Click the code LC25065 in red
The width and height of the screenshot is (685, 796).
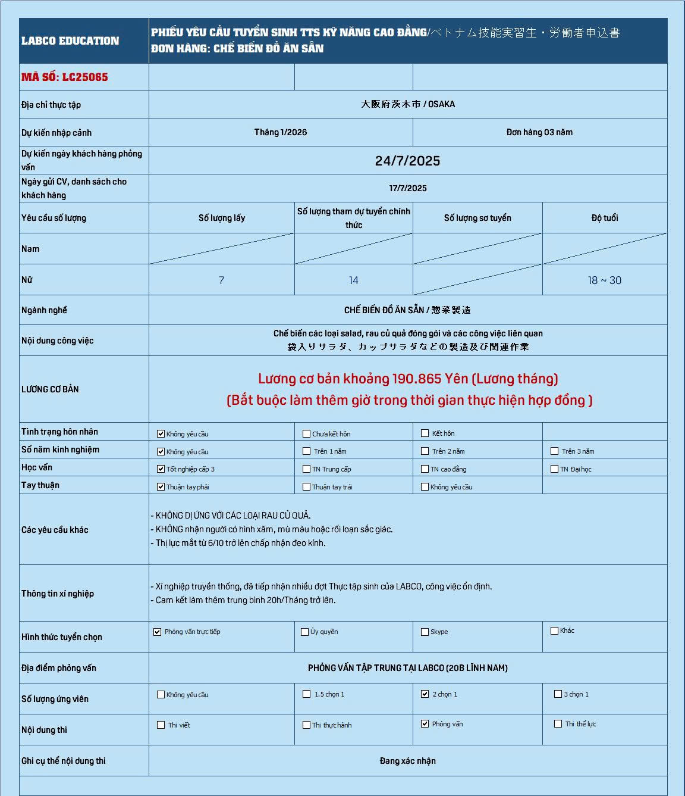pyautogui.click(x=65, y=77)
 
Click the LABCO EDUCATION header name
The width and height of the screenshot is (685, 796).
pyautogui.click(x=70, y=41)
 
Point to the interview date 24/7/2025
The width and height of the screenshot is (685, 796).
pyautogui.click(x=407, y=161)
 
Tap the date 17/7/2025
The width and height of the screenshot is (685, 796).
pyautogui.click(x=408, y=188)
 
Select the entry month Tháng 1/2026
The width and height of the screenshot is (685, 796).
pyautogui.click(x=281, y=132)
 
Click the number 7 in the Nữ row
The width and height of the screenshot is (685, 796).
pyautogui.click(x=221, y=280)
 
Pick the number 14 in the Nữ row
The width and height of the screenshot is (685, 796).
pyautogui.click(x=353, y=280)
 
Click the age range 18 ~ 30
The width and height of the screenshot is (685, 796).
pyautogui.click(x=604, y=280)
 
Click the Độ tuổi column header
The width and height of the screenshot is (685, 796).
pyautogui.click(x=604, y=218)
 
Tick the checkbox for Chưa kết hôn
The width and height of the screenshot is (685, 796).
pyautogui.click(x=306, y=434)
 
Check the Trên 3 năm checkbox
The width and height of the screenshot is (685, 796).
pyautogui.click(x=555, y=451)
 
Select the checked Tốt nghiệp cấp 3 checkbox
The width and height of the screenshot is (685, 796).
pyautogui.click(x=161, y=469)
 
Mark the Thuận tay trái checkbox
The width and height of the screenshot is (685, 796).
pyautogui.click(x=306, y=487)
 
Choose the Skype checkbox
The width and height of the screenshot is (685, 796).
pyautogui.click(x=425, y=632)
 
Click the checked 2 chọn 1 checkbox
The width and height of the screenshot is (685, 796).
pyautogui.click(x=425, y=694)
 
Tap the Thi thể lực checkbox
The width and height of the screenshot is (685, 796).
pyautogui.click(x=558, y=724)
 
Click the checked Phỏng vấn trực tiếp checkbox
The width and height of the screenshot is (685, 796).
pyautogui.click(x=158, y=632)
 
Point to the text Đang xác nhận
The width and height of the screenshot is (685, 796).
pyautogui.click(x=407, y=761)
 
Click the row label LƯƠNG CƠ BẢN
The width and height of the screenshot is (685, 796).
pyautogui.click(x=50, y=389)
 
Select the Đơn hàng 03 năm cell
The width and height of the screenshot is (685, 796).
pyautogui.click(x=539, y=132)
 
